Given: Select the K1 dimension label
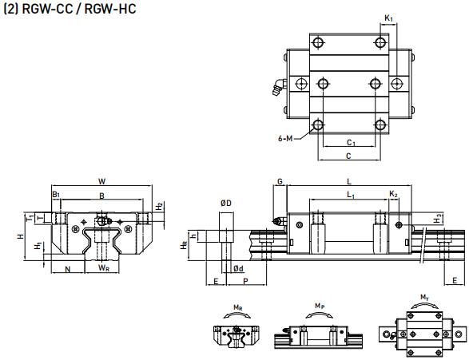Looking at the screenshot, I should (388, 17).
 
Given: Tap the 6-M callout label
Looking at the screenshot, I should (285, 138).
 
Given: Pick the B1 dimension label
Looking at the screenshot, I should (56, 194).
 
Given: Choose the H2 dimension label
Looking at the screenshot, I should (160, 206).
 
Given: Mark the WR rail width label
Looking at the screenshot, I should (104, 268).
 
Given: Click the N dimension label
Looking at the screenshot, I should (68, 268).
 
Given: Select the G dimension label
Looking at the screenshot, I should (280, 183).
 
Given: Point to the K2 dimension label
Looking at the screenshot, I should (393, 195).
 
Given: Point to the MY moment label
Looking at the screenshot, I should (424, 299).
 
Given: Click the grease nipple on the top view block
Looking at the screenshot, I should (276, 88).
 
